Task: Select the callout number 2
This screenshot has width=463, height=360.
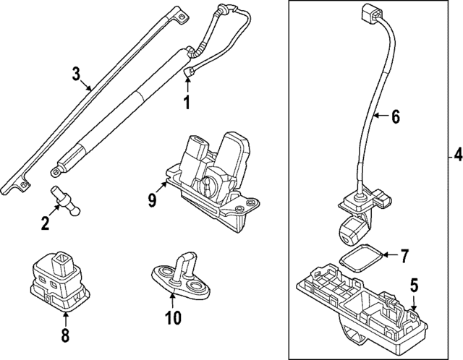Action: (46, 223)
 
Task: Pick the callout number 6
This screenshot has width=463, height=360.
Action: (395, 115)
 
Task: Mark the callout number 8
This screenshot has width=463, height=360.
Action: (64, 335)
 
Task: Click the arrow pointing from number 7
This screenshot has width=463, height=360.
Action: (386, 254)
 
